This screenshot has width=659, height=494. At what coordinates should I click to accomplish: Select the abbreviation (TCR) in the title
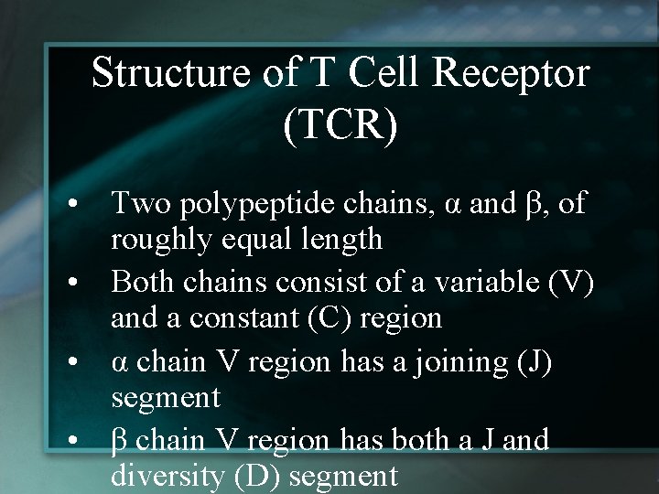340,124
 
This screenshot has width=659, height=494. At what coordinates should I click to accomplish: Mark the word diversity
180,477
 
